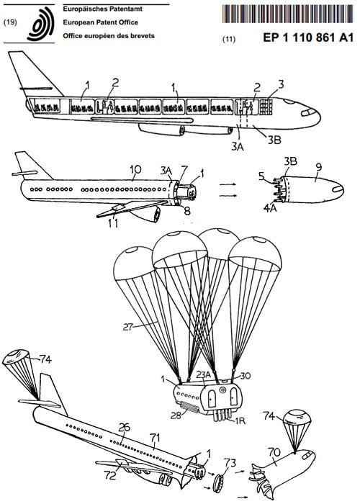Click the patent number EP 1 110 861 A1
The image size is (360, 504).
click(308, 37)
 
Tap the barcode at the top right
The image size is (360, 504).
click(288, 14)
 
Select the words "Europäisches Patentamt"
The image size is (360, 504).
click(102, 9)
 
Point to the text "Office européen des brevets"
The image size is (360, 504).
click(109, 36)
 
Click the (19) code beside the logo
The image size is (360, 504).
click(9, 22)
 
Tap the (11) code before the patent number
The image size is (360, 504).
click(229, 40)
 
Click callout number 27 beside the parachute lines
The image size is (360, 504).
click(128, 328)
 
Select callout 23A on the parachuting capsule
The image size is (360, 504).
click(204, 375)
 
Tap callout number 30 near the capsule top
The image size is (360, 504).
click(245, 376)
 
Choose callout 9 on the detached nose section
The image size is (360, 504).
click(318, 167)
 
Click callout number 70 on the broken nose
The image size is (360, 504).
click(274, 453)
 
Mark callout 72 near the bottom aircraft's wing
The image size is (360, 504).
click(110, 475)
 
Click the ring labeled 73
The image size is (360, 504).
click(219, 481)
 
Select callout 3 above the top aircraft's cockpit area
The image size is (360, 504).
click(281, 85)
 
